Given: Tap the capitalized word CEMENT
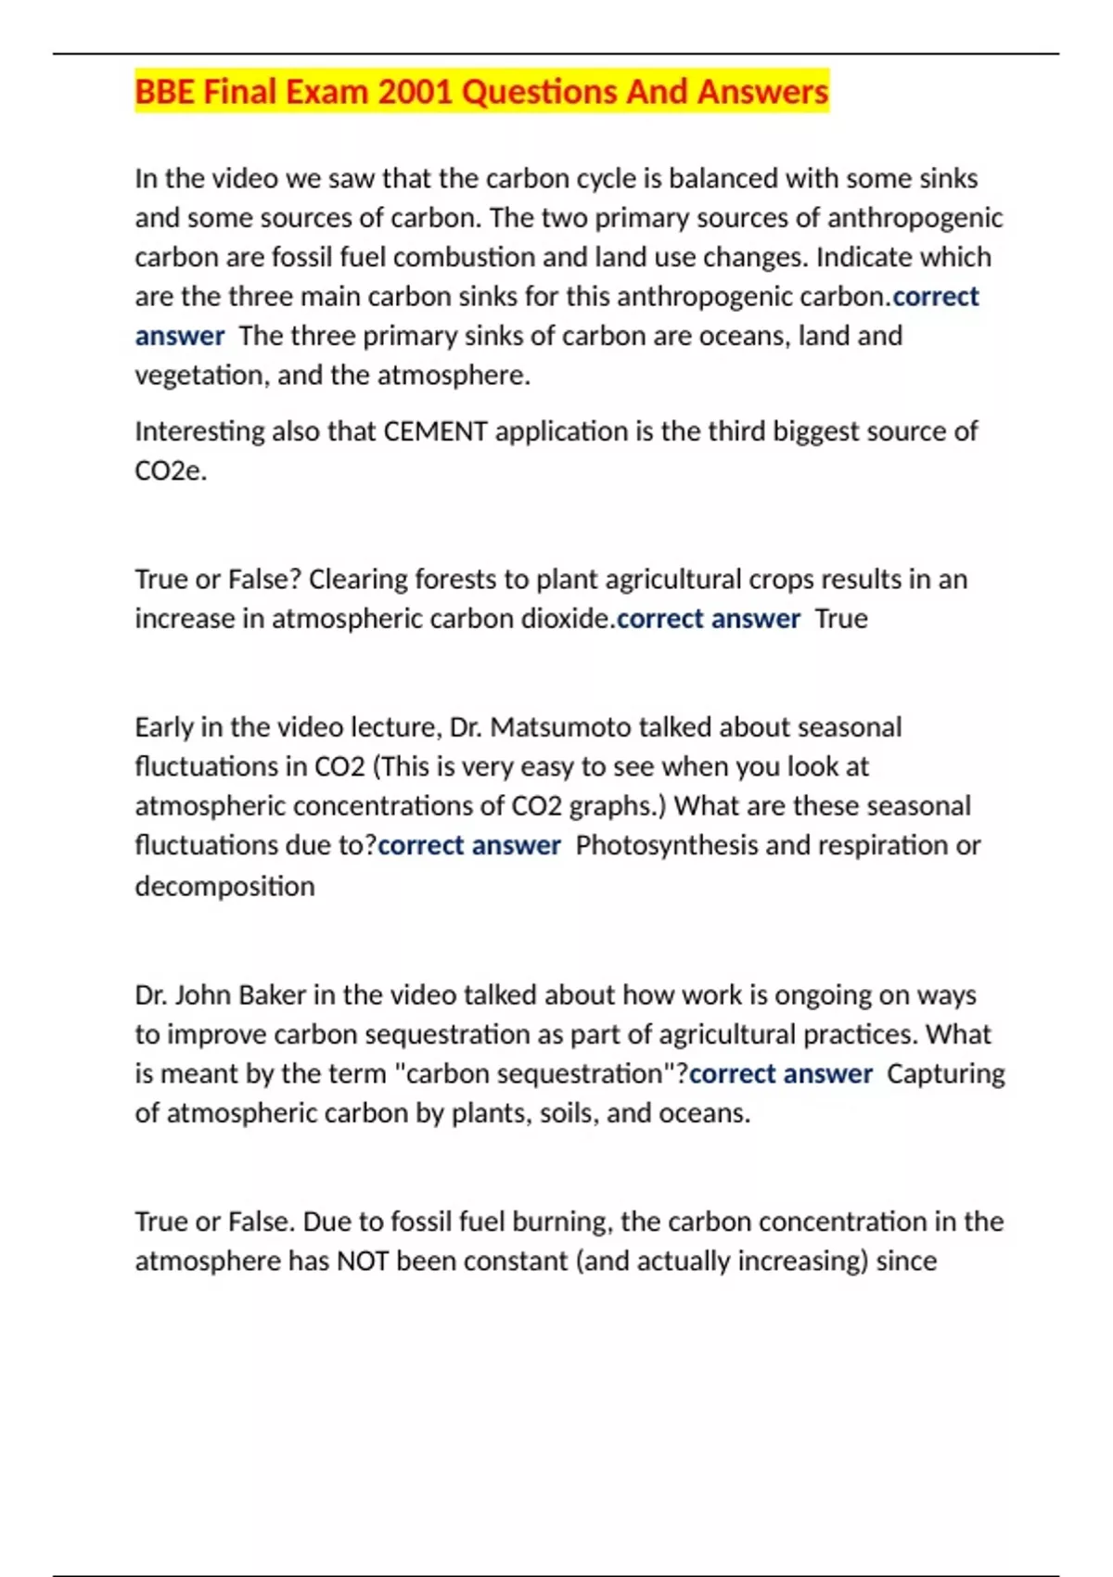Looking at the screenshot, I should point(435,431).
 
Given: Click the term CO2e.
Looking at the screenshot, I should point(170,471).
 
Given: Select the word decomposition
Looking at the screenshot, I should point(224,886).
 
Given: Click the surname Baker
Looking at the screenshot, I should point(272,995).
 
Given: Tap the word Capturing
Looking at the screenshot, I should point(945,1074).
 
